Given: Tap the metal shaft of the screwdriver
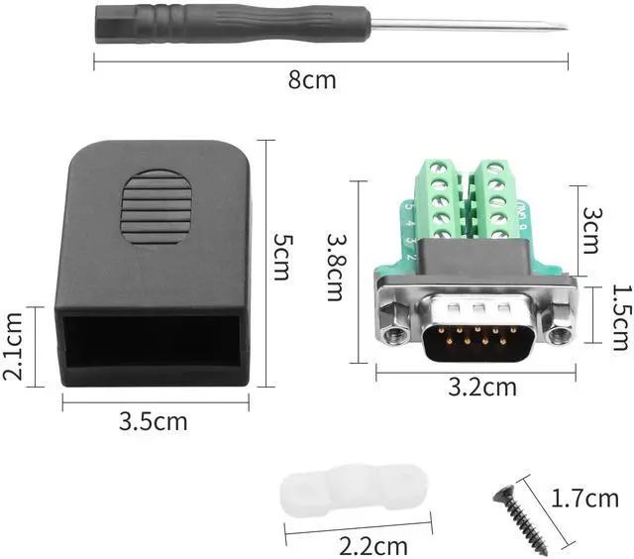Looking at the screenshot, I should pyautogui.click(x=466, y=24).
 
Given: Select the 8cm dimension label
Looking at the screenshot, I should pyautogui.click(x=312, y=80).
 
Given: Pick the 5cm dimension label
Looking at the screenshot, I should pyautogui.click(x=282, y=257).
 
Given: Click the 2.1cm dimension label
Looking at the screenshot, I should pyautogui.click(x=14, y=347).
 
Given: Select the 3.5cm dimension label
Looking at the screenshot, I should pyautogui.click(x=153, y=421).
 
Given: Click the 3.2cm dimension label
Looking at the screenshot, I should pyautogui.click(x=482, y=387).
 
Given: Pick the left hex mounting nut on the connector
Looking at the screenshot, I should pyautogui.click(x=395, y=332).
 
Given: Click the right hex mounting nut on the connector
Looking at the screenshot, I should pyautogui.click(x=560, y=333).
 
